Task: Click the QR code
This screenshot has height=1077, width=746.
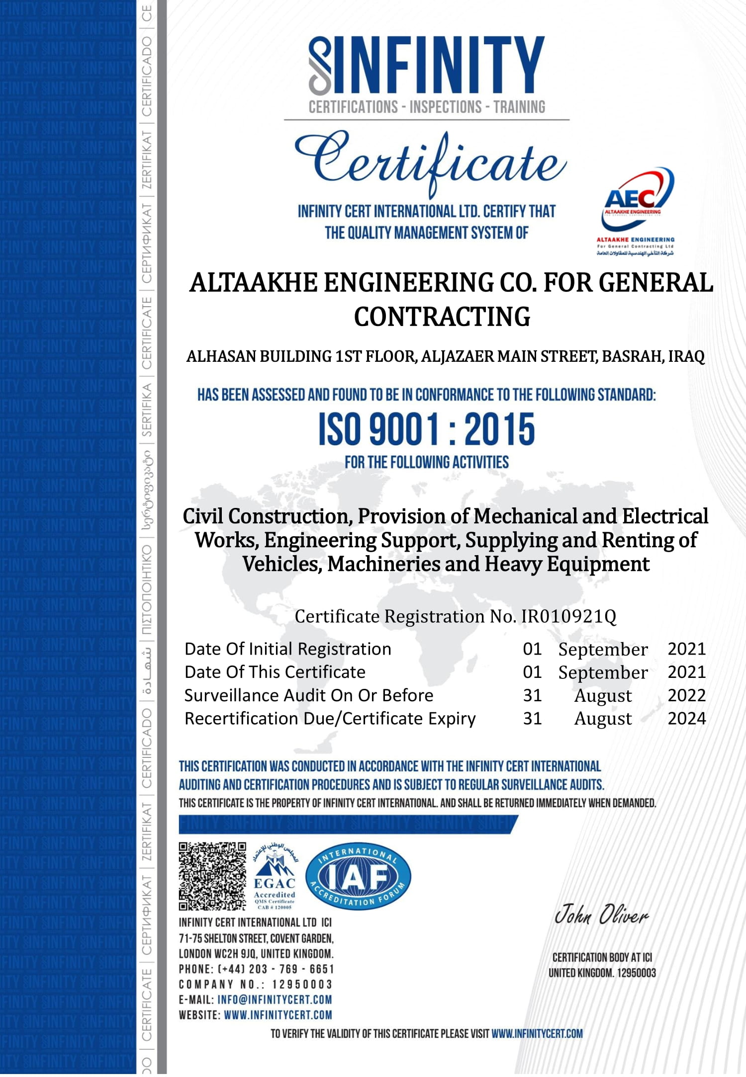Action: [x=212, y=876]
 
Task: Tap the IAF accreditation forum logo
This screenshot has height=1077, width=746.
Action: [x=358, y=876]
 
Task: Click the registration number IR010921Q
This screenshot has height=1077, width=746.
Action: [x=568, y=616]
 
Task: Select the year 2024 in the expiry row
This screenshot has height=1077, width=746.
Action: [x=686, y=718]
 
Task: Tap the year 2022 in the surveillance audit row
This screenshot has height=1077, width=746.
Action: [x=686, y=695]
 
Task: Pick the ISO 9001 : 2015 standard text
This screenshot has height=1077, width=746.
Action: [x=427, y=429]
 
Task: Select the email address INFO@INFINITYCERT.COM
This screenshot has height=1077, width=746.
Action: [x=275, y=999]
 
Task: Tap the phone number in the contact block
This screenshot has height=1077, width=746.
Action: [x=276, y=969]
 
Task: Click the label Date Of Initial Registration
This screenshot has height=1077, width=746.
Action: [x=288, y=649]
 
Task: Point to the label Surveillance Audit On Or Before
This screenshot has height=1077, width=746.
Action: [x=309, y=695]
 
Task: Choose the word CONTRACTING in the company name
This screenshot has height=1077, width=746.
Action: [x=442, y=317]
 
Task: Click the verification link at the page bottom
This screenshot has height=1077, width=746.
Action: [x=537, y=1034]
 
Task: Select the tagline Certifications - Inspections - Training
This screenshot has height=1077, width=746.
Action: [x=427, y=107]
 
